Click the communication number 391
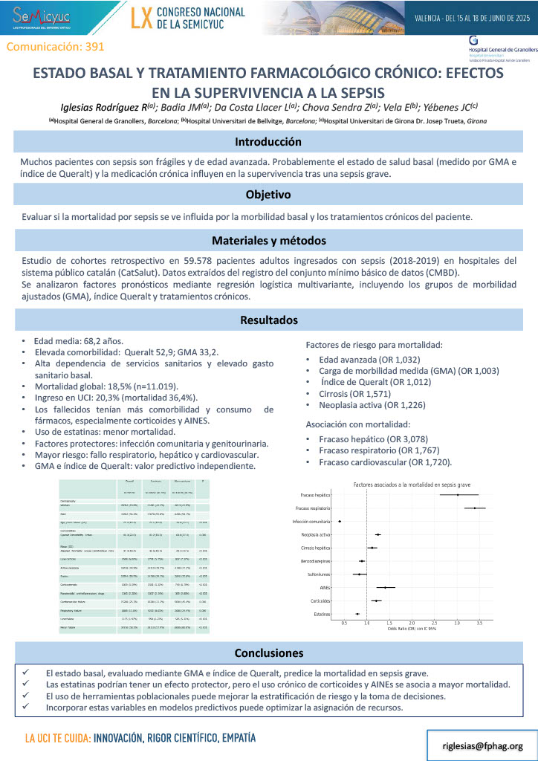pos(55,46)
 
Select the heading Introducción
pos(268,141)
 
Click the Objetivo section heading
pos(268,195)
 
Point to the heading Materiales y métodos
pos(268,241)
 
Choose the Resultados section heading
pos(268,320)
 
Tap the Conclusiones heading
pos(268,653)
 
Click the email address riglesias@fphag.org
pos(483,745)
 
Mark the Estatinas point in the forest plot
pos(357,614)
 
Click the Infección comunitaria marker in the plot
pos(340,521)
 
